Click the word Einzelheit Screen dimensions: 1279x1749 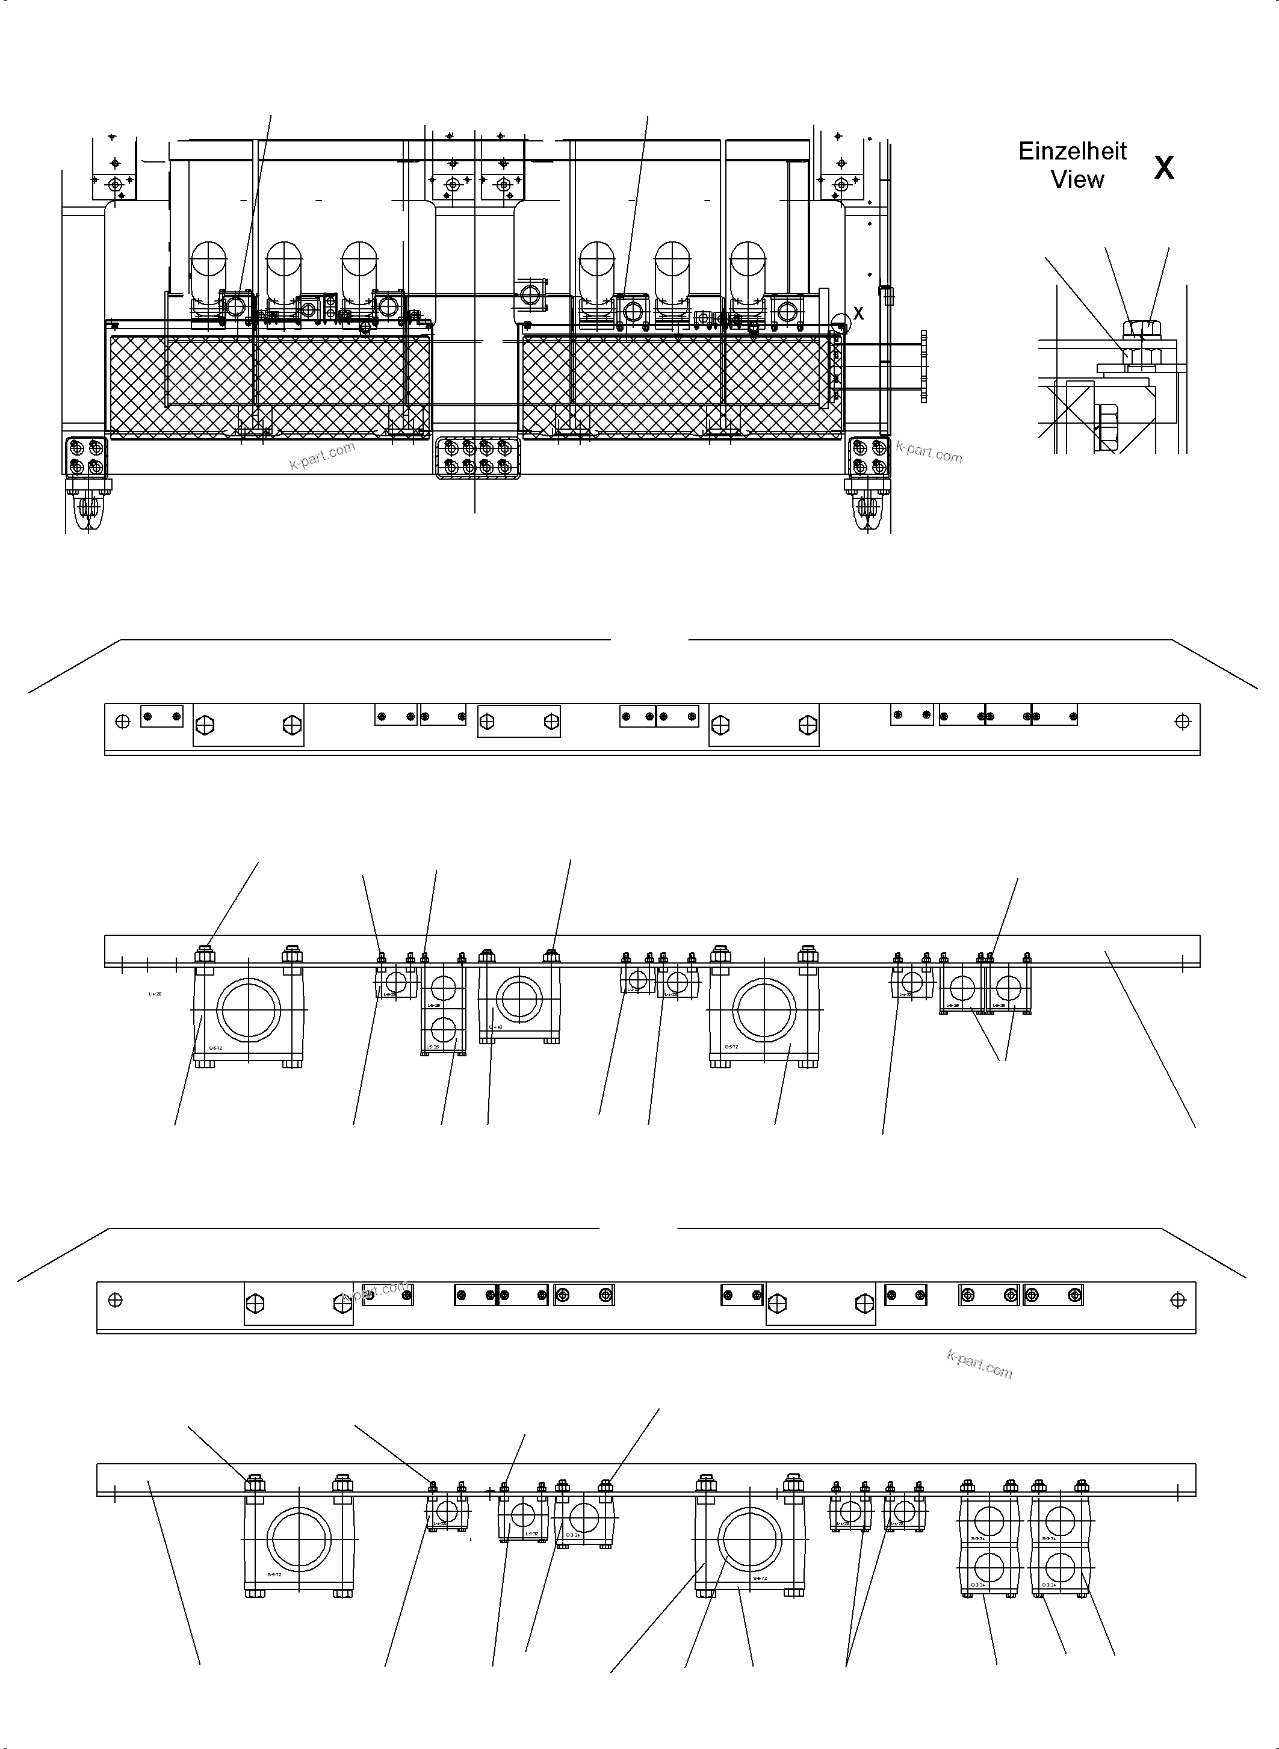[1073, 151]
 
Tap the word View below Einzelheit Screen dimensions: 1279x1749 [1077, 179]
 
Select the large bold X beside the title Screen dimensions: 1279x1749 [1163, 168]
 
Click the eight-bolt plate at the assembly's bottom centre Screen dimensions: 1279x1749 [478, 457]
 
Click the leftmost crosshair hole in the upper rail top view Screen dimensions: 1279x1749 [122, 722]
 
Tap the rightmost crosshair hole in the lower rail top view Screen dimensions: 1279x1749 [1177, 1300]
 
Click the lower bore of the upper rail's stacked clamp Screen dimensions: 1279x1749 [444, 1029]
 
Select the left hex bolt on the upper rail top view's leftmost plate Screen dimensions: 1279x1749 [205, 725]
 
